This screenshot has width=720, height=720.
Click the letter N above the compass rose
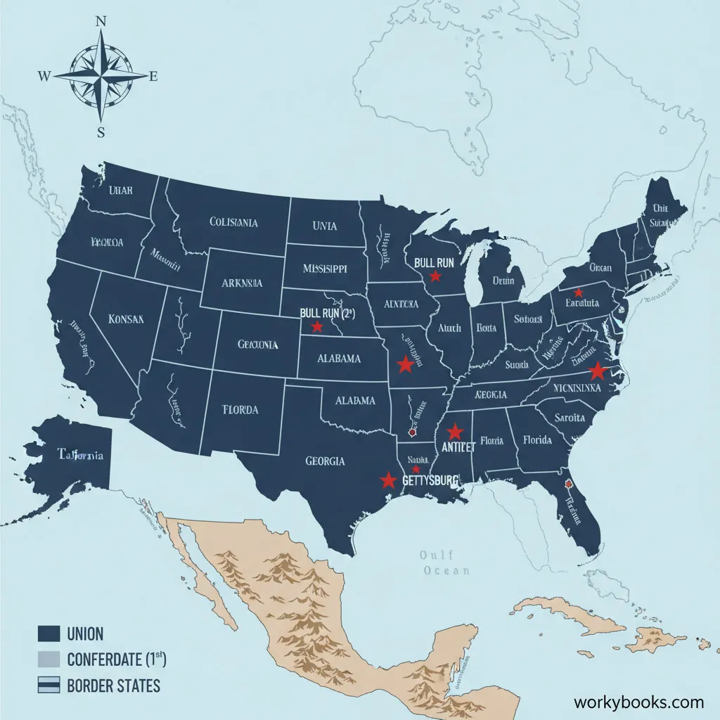click(101, 20)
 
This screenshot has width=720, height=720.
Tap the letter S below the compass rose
click(101, 132)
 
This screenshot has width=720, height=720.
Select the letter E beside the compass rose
click(153, 77)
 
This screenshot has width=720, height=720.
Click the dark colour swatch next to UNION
click(48, 634)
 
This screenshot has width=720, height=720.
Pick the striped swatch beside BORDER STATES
click(48, 685)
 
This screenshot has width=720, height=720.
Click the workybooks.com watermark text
click(638, 702)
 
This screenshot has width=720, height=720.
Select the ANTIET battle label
click(457, 447)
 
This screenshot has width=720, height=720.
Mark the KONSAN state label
click(127, 318)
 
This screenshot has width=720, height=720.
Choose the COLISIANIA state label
click(233, 222)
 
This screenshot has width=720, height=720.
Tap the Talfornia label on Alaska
click(80, 455)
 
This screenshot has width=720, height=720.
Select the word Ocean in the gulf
click(446, 571)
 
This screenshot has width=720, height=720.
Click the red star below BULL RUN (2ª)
click(317, 327)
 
